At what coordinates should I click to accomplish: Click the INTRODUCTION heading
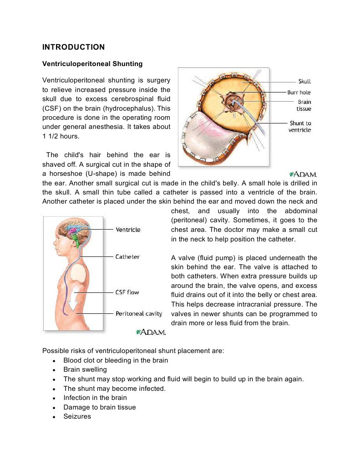73,47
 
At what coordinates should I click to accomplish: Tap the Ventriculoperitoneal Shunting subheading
92,64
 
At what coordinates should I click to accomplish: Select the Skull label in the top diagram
304,82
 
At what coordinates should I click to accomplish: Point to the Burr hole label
299,92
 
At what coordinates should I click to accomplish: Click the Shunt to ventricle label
300,127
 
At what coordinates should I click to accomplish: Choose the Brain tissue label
304,106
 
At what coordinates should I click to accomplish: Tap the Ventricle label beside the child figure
128,230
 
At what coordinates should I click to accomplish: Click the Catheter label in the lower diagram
127,257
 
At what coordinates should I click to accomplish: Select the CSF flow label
127,292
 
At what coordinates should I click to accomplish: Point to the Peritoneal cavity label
139,314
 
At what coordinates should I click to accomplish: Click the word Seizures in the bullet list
77,416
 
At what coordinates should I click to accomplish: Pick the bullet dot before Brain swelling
55,370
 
